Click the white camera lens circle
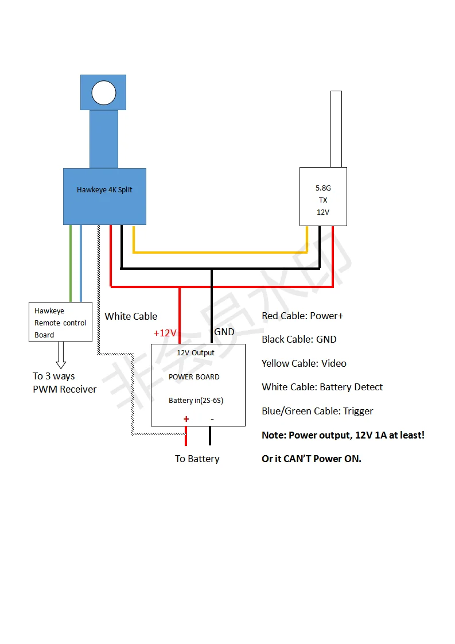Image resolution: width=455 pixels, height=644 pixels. (x=104, y=93)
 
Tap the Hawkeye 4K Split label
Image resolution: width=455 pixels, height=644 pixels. (x=104, y=190)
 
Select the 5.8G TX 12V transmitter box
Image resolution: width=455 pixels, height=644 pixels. (x=323, y=196)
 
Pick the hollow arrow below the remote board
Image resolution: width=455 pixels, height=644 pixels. (x=61, y=355)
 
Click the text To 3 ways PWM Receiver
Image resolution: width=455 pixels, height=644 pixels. (x=64, y=383)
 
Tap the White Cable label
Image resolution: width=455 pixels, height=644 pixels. (x=131, y=316)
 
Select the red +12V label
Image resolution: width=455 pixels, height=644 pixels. (x=165, y=333)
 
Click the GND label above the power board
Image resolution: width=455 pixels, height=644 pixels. (x=224, y=332)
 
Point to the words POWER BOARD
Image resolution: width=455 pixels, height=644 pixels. (x=194, y=377)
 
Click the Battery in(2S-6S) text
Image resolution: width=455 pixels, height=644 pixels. (x=196, y=401)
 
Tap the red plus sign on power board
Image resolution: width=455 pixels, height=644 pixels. (x=186, y=419)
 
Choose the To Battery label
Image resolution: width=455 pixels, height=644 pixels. (x=197, y=459)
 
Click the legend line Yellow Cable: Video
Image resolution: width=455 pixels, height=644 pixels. (x=304, y=363)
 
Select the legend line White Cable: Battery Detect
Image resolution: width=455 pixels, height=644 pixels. (x=322, y=387)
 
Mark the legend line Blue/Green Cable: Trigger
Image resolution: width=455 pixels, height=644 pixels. (x=317, y=411)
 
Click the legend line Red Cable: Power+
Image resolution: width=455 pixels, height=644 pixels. (x=302, y=316)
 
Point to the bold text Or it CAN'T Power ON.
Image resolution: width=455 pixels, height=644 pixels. (x=312, y=459)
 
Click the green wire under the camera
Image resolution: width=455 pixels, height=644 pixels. (x=71, y=264)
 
